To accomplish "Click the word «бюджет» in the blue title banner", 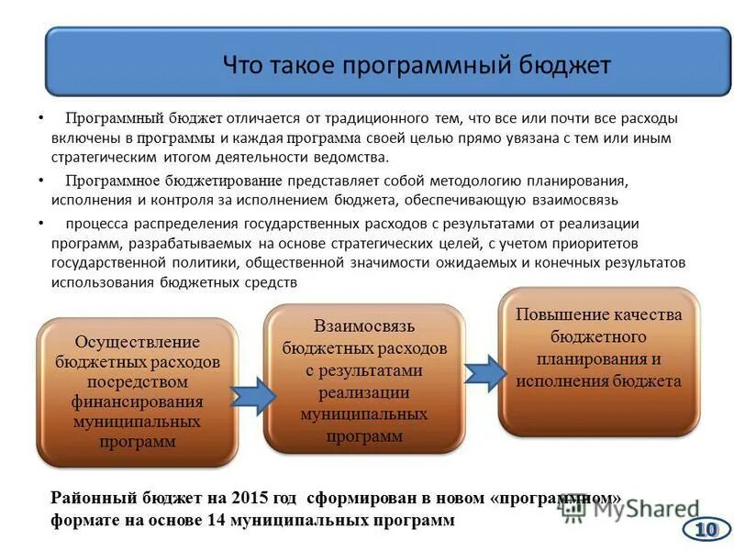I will tap(562, 66).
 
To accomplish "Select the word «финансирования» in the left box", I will tap(137, 401).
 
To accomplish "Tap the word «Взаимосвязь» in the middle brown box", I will tap(364, 327).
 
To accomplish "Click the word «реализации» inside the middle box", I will tap(364, 392).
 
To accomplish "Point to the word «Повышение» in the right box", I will tap(562, 314).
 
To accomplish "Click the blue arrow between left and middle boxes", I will tap(251, 395).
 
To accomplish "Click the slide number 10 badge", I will tap(705, 529).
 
